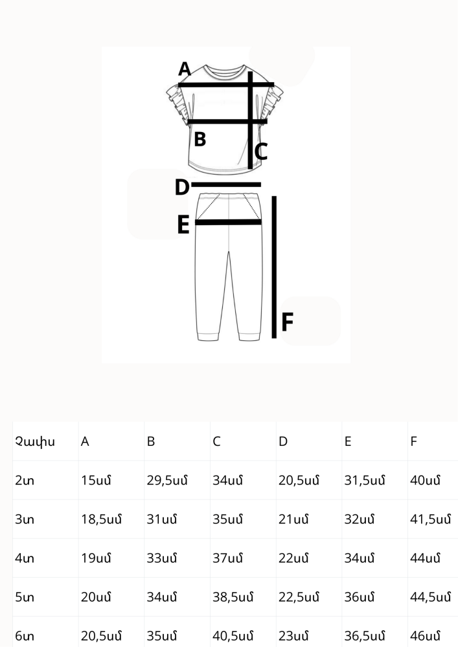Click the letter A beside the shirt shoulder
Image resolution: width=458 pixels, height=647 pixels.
coord(185,69)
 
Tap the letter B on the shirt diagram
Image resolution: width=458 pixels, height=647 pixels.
coord(200,140)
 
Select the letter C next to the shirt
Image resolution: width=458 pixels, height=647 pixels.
coord(261,151)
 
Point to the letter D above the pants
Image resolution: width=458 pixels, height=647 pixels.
coord(182,188)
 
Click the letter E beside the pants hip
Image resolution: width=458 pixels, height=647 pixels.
coord(183,225)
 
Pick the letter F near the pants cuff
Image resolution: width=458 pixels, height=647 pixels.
coord(287,322)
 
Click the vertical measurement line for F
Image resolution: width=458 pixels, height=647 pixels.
coord(274,267)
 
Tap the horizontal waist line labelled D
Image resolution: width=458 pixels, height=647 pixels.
coord(226,184)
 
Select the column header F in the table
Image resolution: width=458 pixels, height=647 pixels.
coord(413,441)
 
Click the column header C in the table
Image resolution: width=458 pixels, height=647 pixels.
coord(216,441)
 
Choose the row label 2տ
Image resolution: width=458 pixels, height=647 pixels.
coord(25,480)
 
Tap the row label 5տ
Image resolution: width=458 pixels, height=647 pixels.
coord(25,597)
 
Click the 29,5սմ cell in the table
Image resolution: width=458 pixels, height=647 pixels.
coord(167,480)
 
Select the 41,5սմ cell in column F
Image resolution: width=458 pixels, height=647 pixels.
coord(430,519)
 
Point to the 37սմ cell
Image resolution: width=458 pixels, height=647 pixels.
coord(227,558)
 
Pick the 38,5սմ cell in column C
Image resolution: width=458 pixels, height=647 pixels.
coord(233,597)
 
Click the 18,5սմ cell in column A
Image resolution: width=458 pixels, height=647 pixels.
coord(101,519)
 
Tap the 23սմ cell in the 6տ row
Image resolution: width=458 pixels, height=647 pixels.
coord(293,636)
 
